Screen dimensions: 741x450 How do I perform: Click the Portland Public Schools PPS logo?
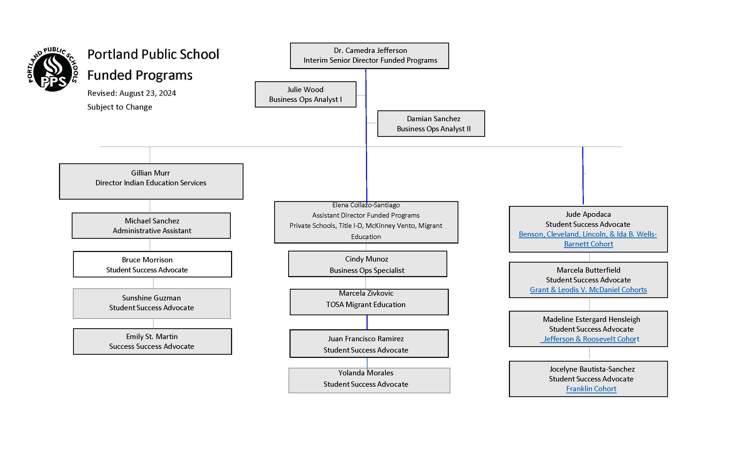pos(53,69)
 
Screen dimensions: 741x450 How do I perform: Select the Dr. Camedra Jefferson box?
pos(369,56)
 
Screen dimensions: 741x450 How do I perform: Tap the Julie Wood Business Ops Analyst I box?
pos(306,94)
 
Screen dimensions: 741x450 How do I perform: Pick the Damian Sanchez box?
pos(431,124)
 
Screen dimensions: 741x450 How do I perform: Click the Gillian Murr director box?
pos(151,181)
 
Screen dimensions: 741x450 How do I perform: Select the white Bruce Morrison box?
pos(152,264)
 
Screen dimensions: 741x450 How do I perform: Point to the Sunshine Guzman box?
pos(152,304)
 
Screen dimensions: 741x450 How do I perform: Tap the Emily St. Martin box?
pos(152,341)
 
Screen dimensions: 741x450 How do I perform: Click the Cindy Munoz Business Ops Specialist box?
pos(368,264)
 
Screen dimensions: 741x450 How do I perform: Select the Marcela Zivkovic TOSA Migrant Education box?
pos(369,302)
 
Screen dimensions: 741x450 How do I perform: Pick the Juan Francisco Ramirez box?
pos(369,344)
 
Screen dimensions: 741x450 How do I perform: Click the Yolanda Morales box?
pos(369,381)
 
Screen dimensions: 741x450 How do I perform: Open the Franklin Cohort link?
pos(591,389)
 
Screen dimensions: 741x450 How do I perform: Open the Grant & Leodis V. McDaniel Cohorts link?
pos(588,290)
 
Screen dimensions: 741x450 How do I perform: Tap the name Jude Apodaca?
pos(588,214)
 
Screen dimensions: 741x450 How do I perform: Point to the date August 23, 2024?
pos(147,93)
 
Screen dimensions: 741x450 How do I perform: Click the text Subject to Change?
pos(120,107)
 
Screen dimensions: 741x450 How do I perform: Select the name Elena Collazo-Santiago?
pos(366,205)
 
